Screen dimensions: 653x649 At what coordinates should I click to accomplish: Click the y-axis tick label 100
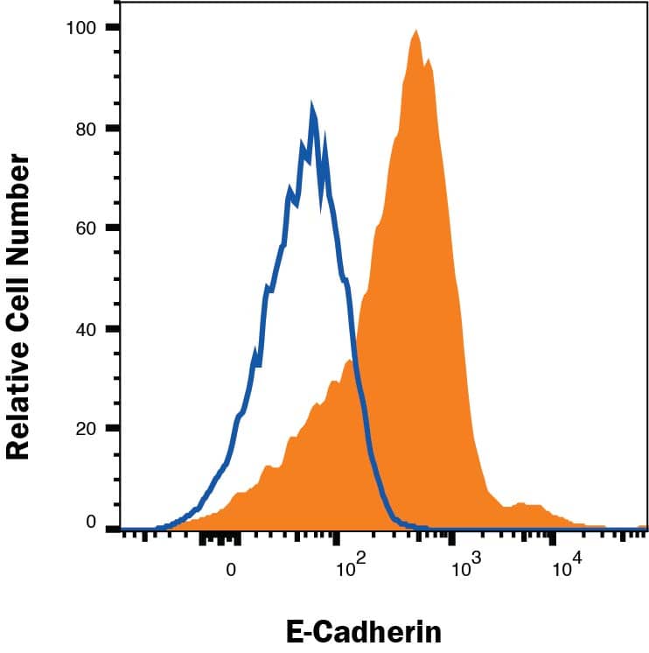[x=80, y=28]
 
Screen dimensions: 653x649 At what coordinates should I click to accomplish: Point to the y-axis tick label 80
[x=85, y=129]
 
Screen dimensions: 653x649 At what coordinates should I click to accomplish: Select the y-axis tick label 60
[x=85, y=228]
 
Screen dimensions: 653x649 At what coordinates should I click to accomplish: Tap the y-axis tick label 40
[x=85, y=329]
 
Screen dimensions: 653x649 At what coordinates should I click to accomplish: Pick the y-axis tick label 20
[x=85, y=429]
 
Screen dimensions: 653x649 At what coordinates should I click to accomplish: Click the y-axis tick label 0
[x=90, y=523]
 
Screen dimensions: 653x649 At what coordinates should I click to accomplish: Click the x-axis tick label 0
[x=232, y=568]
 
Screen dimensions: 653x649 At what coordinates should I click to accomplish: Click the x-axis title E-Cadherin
[x=363, y=631]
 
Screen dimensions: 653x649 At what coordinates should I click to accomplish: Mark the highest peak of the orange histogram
[x=416, y=32]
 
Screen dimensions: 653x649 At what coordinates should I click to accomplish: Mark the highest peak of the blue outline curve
[x=312, y=104]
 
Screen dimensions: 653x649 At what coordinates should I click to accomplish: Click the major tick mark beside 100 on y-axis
[x=112, y=28]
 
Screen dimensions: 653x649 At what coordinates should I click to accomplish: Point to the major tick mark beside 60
[x=112, y=228]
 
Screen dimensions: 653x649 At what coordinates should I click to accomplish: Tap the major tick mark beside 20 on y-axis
[x=112, y=429]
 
